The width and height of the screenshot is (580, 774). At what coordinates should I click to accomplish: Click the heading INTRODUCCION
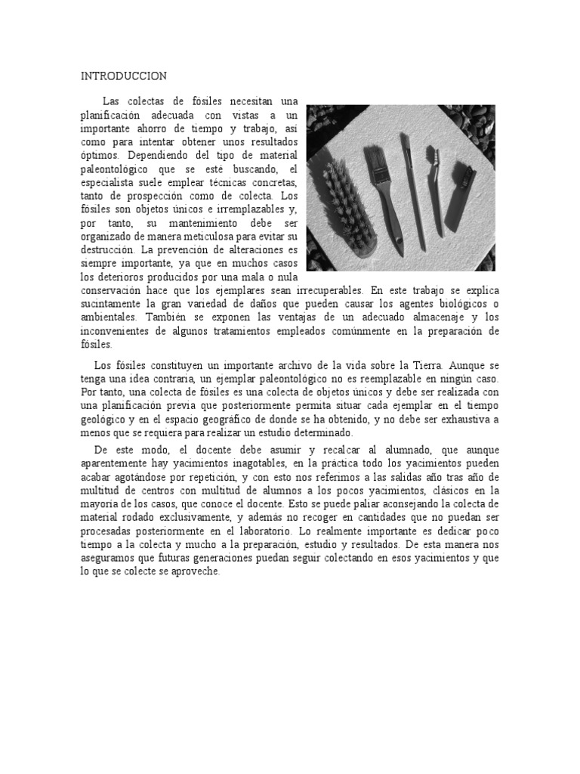point(124,76)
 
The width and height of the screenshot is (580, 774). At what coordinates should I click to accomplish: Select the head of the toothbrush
point(433,160)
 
